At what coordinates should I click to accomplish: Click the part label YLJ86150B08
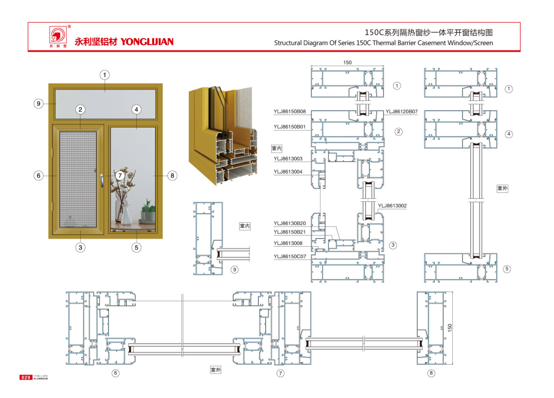coord(289,112)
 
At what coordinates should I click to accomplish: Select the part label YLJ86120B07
coord(401,112)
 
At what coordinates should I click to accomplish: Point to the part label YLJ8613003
coord(288,159)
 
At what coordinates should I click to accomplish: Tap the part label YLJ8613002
coord(392,206)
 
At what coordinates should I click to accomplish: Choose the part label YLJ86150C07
coord(289,257)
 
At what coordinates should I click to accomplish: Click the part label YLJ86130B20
coord(289,223)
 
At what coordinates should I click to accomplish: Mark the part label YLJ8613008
coord(288,243)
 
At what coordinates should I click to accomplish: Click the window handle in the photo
coord(102,181)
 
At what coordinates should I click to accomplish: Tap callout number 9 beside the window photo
coord(39,104)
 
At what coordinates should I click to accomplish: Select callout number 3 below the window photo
coord(80,248)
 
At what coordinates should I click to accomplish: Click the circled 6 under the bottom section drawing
coord(116,373)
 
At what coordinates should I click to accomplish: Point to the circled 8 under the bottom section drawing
coord(431,373)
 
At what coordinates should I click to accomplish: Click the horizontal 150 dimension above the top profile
coord(347,63)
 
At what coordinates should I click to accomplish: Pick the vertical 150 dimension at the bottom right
coord(450,328)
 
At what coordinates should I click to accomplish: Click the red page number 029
coord(26,377)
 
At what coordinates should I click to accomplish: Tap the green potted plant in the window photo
coord(148,211)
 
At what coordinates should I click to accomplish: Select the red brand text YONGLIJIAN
coord(147,42)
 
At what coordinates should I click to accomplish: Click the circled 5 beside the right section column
coord(507,269)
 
